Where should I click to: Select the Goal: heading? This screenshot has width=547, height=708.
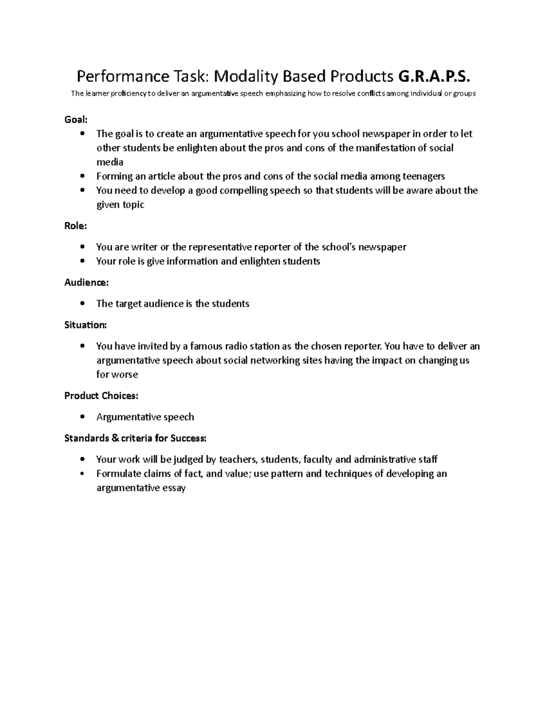point(76,119)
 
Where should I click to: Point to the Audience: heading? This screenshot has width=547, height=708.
point(87,282)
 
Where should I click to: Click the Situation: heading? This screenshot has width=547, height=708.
point(86,325)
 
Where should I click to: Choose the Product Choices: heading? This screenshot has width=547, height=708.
point(101,395)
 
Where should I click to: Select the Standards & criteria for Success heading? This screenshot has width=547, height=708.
point(135,438)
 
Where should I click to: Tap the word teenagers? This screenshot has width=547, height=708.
point(423,176)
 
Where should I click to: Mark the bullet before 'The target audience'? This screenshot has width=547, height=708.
point(82,304)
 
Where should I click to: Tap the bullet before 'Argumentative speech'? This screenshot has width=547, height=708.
point(82,417)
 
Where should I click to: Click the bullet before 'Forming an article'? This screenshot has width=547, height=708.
point(82,176)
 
